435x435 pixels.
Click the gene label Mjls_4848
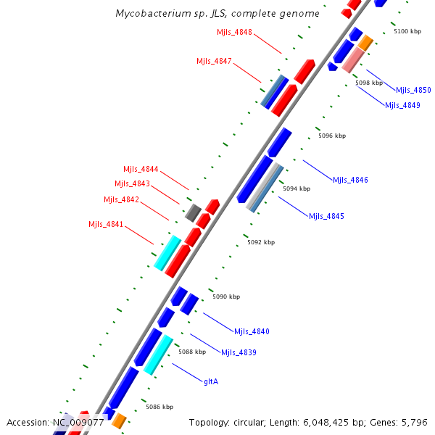coord(234,32)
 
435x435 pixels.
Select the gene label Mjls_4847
coord(214,61)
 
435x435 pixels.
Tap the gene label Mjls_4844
coord(141,169)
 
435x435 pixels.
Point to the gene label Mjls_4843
coord(132,183)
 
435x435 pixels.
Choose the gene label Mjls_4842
coord(121,199)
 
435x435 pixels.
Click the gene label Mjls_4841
coord(107,224)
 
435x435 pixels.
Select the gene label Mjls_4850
coord(413,91)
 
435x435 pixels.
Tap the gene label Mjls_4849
coord(402,105)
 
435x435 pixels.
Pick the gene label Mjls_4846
coord(350,180)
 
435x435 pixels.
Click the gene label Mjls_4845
coord(326,216)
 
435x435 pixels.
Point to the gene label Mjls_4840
coord(252,331)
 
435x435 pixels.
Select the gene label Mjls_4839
coord(239,352)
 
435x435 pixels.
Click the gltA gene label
coord(211,381)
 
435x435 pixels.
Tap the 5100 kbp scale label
coord(407,32)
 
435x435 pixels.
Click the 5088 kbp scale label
coord(192,352)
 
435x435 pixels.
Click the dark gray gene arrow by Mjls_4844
coord(192,213)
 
